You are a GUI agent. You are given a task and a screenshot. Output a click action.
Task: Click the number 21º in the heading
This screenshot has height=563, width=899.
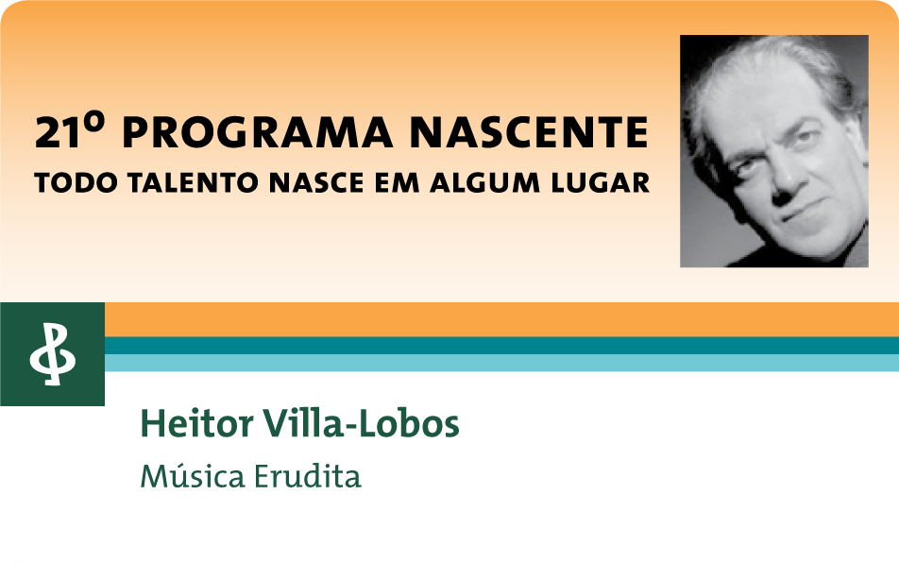click(71, 131)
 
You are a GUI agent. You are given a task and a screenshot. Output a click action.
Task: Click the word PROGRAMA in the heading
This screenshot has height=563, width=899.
click(258, 132)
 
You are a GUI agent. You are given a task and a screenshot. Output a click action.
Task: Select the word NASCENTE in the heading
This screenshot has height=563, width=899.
click(529, 132)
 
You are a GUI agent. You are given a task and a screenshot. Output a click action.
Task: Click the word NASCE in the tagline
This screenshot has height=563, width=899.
click(316, 183)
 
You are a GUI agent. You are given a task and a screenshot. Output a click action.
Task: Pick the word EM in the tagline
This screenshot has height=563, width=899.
click(397, 183)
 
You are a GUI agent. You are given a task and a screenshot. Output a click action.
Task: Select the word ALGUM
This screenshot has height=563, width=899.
click(485, 183)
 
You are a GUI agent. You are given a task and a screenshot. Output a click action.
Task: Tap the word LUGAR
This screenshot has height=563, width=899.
click(601, 183)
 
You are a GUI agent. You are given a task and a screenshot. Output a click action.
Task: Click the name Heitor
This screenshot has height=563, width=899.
click(196, 424)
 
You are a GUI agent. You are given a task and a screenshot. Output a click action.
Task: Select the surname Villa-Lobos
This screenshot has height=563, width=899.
click(361, 424)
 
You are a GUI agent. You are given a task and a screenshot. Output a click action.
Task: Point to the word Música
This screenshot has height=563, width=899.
click(193, 476)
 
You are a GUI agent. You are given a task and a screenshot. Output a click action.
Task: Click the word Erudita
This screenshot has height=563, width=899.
click(308, 476)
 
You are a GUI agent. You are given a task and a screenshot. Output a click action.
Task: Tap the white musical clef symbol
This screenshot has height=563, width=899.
click(52, 354)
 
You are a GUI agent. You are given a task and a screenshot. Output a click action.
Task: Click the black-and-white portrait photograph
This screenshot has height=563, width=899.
click(774, 151)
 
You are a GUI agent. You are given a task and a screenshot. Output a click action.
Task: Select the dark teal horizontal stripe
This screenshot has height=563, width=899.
click(501, 346)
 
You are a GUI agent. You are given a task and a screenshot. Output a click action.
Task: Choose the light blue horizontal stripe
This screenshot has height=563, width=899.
click(501, 363)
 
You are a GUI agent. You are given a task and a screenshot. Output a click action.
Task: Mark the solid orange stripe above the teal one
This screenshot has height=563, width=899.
click(501, 320)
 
